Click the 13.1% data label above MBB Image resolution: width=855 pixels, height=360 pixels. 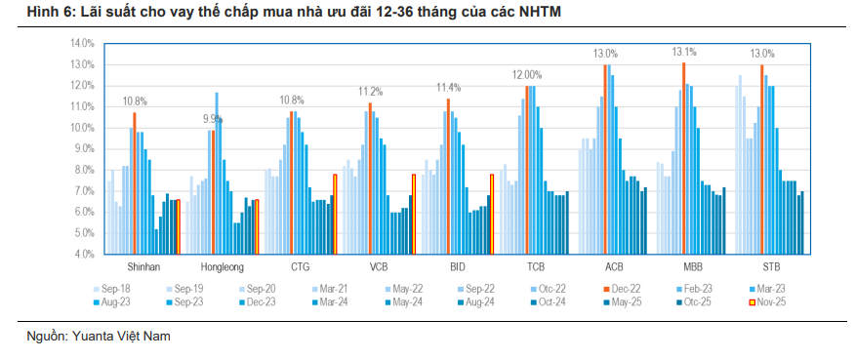[683, 53]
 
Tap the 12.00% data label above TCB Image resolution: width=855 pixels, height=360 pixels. [527, 75]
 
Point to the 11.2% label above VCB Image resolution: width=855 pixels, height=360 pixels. [370, 92]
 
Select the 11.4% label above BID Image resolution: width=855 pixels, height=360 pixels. [448, 89]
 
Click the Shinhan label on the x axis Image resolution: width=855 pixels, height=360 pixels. [143, 266]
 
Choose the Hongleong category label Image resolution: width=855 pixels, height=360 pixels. [222, 266]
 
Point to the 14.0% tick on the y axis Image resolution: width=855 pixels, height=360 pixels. [82, 44]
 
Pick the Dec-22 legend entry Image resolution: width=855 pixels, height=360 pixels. [621, 288]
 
